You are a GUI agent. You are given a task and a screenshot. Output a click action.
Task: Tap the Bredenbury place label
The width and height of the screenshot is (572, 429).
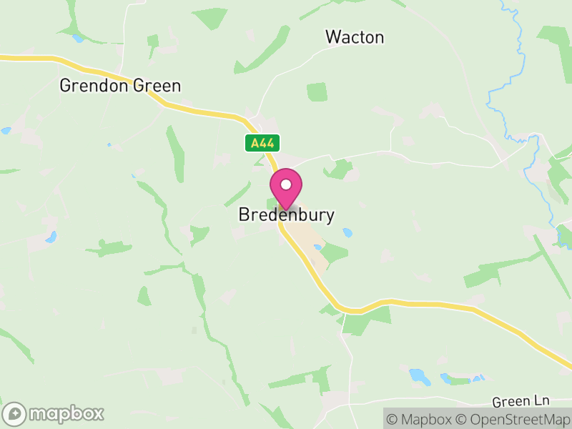(x=286, y=214)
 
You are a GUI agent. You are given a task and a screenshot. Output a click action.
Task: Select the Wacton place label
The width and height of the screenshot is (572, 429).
(x=355, y=37)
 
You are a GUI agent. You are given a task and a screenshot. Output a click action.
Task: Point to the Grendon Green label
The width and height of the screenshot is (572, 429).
(x=120, y=86)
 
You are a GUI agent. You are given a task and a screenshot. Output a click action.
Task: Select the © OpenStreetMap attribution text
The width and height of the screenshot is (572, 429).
(x=512, y=419)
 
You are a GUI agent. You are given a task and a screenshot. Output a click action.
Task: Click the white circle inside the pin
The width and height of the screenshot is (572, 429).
(x=286, y=184)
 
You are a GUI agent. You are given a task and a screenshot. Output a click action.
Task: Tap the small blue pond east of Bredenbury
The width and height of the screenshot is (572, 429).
(x=347, y=232)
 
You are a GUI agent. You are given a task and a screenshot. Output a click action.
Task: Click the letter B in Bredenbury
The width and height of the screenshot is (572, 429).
(x=243, y=214)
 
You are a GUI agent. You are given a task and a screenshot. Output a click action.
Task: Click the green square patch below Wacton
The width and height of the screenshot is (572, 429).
(x=317, y=92)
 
